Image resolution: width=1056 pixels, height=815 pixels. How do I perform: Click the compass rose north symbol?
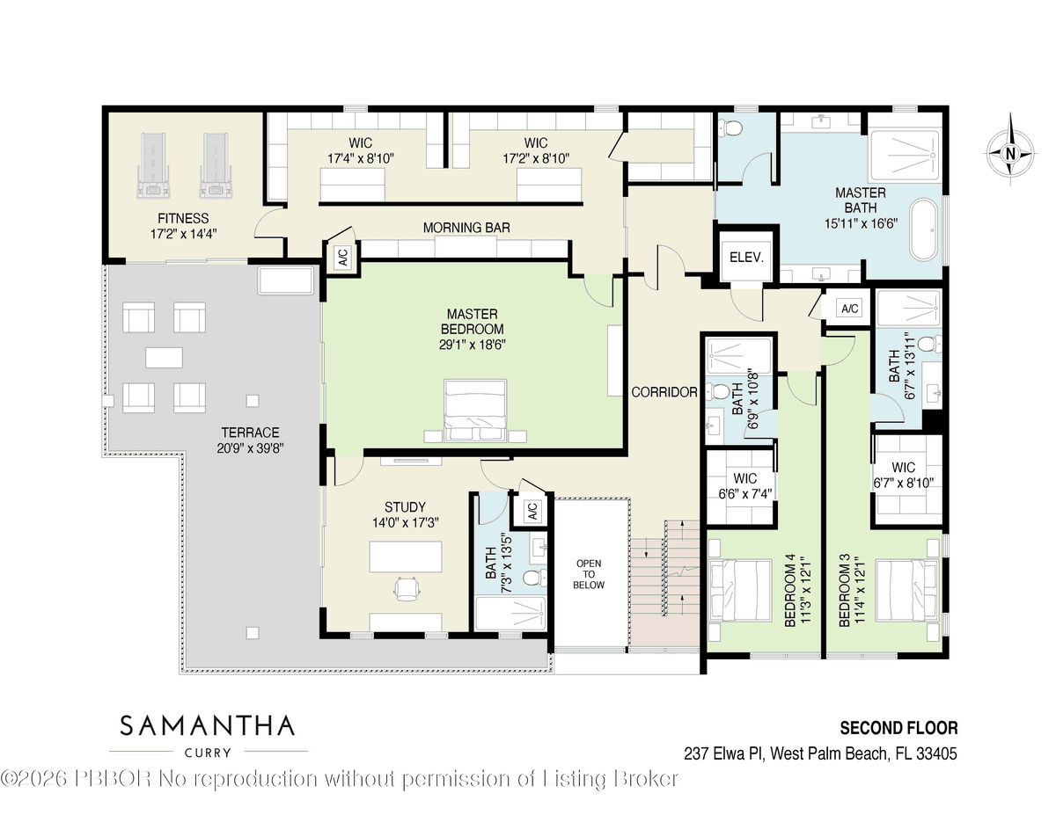coord(1010,153)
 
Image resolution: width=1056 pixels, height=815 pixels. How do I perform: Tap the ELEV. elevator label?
coord(746,258)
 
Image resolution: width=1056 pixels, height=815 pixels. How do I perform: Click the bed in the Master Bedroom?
coord(475,411)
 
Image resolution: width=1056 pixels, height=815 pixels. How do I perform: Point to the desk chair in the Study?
coord(407,589)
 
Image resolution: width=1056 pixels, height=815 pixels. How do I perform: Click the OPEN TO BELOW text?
coord(589,574)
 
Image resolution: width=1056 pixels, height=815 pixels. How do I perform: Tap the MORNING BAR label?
coord(466,227)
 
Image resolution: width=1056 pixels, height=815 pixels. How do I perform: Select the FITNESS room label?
coord(183,218)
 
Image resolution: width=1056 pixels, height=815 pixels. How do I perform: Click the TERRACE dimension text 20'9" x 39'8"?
coord(250,448)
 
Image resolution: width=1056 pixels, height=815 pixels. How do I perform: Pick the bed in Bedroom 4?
coord(741,590)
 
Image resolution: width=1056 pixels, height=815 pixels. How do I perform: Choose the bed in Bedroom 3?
coord(906,590)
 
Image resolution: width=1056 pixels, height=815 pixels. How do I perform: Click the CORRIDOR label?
coord(664,392)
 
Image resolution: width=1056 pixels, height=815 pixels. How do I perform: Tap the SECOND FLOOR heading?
coord(899,728)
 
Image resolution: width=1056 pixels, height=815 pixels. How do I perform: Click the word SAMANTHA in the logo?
coord(207,726)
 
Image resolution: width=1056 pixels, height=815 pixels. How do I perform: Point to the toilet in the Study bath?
coord(534,578)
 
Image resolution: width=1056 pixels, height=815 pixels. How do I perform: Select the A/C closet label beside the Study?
coord(532,511)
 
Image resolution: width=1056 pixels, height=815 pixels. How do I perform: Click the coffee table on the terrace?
coord(165,358)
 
